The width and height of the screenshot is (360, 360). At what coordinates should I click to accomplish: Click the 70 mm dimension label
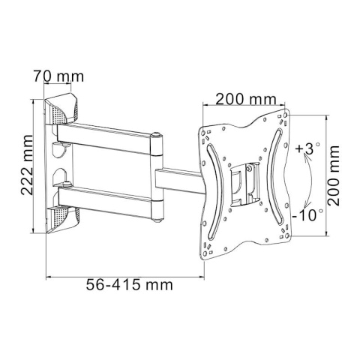pos(59,76)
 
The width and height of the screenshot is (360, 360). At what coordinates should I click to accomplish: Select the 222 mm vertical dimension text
pos(27,165)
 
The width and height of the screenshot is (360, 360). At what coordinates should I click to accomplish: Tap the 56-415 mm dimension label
pos(130,285)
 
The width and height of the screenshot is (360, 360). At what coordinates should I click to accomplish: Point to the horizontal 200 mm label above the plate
pos(246,99)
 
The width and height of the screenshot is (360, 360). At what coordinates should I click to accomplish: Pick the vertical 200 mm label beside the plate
pos(334,175)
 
